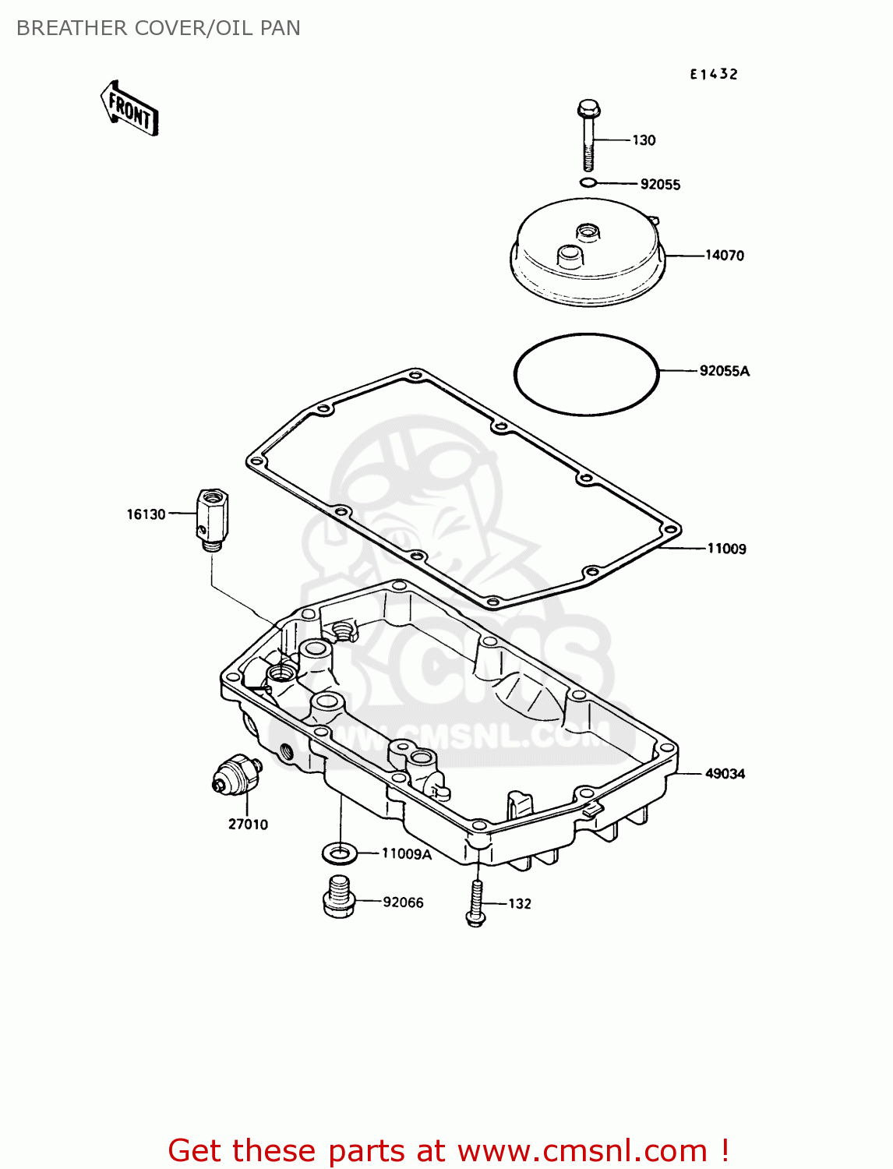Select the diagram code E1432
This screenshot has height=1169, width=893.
click(713, 74)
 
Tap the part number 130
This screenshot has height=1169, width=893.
click(644, 140)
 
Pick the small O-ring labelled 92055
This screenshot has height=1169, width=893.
click(588, 183)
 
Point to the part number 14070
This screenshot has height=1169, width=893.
click(724, 256)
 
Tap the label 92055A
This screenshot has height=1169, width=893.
click(724, 371)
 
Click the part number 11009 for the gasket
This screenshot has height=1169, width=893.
click(726, 549)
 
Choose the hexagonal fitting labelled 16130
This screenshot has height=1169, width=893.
click(210, 517)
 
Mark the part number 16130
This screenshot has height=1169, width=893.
click(146, 514)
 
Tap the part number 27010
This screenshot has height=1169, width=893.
click(248, 825)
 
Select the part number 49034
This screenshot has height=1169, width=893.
click(725, 774)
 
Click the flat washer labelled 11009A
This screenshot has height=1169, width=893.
click(339, 853)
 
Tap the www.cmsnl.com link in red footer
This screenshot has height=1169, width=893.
click(581, 1151)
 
